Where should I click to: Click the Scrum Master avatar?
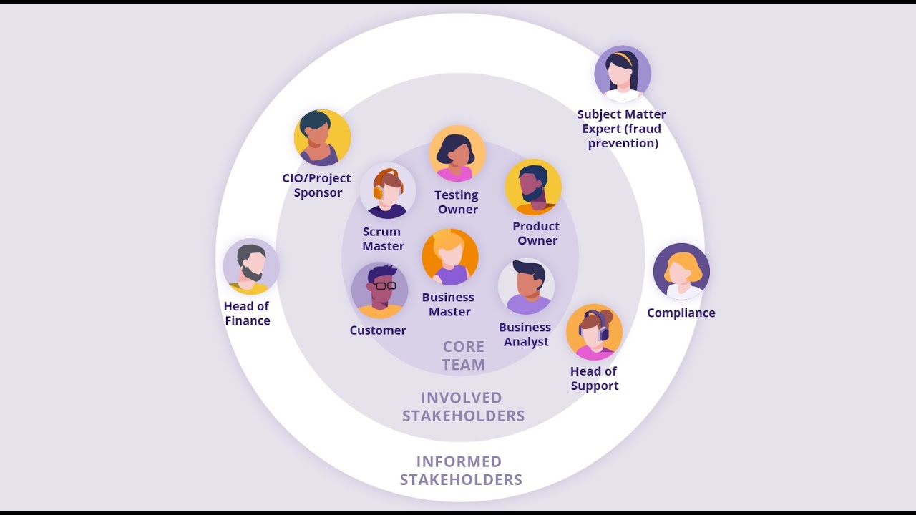tap(387, 191)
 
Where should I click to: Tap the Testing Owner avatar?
tap(457, 154)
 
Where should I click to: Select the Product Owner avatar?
tap(533, 187)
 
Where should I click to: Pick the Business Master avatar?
tap(450, 257)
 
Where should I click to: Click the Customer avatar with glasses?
tap(379, 290)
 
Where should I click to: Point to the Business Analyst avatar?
tap(526, 286)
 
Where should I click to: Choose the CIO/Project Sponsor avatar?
tap(322, 138)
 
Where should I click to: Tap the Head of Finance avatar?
tap(251, 267)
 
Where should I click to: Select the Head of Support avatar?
tap(594, 333)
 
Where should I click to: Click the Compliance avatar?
tap(681, 272)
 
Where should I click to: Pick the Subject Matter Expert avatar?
tap(623, 74)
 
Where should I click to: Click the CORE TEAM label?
tap(464, 355)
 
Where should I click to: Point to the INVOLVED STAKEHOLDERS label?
tap(464, 406)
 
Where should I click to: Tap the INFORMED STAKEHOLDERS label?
tap(461, 471)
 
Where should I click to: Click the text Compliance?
tap(681, 313)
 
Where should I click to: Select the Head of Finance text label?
tap(247, 313)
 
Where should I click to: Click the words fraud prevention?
tap(623, 136)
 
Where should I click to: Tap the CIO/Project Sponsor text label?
tap(317, 185)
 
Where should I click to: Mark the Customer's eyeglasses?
tap(385, 285)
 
